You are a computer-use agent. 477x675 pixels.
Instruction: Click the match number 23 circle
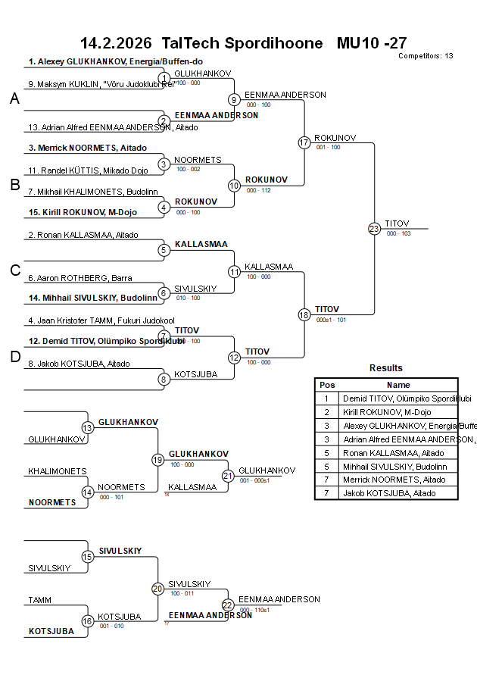click(374, 229)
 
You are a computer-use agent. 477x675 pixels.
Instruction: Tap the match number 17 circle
click(304, 142)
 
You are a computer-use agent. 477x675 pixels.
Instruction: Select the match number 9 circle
click(234, 99)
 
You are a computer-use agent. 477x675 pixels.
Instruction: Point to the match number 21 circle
click(228, 476)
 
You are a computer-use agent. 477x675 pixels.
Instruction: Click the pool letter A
click(14, 98)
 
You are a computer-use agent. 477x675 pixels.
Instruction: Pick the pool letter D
click(14, 358)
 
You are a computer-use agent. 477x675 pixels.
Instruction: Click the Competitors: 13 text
click(426, 56)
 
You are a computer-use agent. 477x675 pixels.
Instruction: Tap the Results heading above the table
click(386, 368)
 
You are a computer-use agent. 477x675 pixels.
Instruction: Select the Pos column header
click(327, 385)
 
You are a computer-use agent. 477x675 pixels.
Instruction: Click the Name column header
click(398, 385)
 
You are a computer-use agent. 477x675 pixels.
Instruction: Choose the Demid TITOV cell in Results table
click(398, 398)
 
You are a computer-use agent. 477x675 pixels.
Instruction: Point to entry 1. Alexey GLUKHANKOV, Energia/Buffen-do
click(116, 61)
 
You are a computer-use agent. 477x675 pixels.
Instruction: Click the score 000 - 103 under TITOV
click(398, 234)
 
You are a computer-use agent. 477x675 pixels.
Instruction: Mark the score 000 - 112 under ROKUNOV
click(259, 190)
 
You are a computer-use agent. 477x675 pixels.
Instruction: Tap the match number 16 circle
click(88, 621)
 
